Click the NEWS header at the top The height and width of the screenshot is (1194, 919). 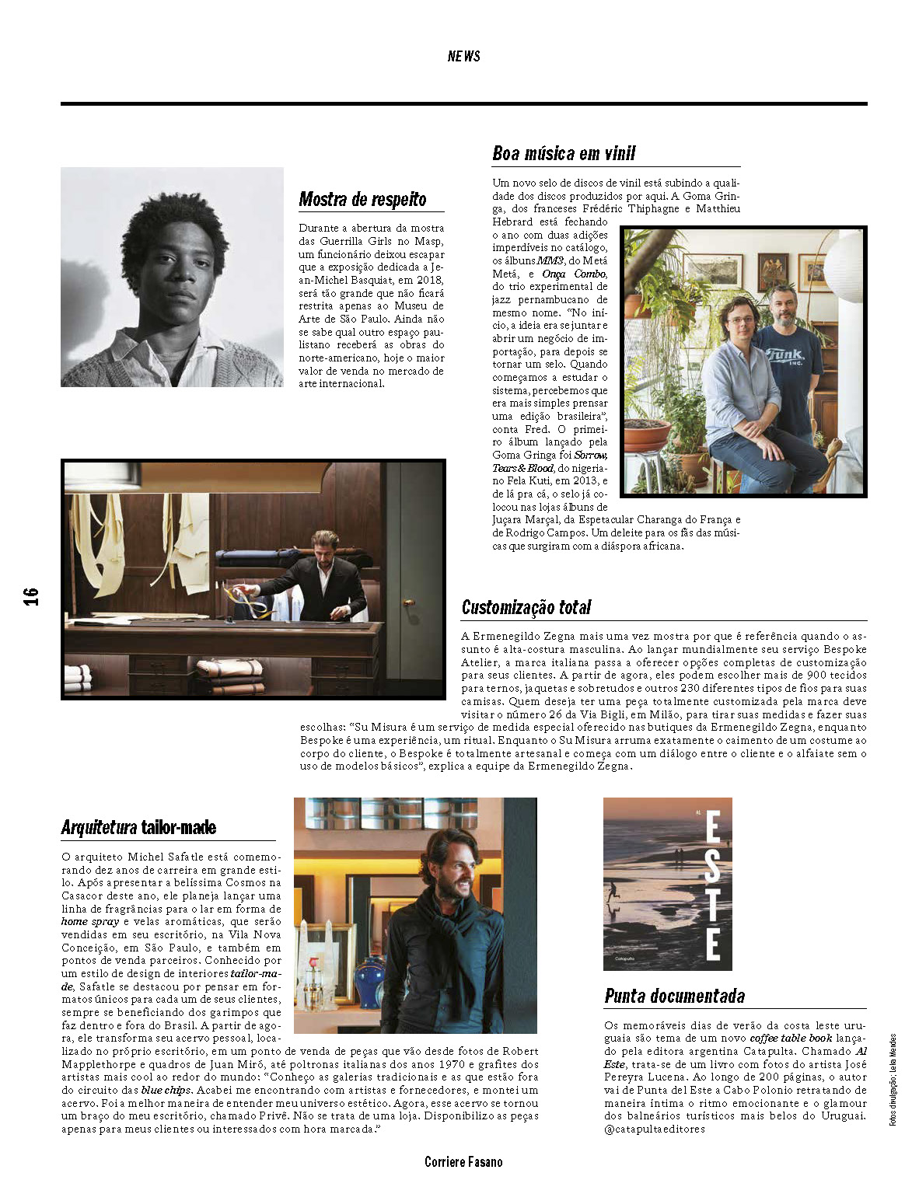pos(463,56)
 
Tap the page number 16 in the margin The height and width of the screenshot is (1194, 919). pos(31,596)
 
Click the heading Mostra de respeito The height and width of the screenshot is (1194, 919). pos(362,200)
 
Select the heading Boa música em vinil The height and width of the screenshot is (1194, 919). pos(564,153)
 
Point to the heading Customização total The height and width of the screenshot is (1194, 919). pos(526,607)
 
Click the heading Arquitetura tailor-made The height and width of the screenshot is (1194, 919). pos(138,827)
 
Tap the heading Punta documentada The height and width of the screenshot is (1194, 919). pos(674,996)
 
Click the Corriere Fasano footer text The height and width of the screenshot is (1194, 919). pos(463,1162)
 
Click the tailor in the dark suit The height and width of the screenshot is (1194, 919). pos(323,575)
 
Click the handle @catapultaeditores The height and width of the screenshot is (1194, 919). pos(654,1129)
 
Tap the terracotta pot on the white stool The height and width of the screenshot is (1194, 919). pos(646,435)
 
